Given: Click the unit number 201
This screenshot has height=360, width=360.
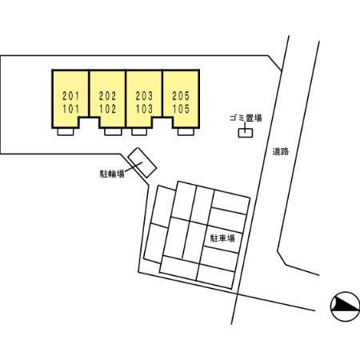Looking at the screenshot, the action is tap(70, 96).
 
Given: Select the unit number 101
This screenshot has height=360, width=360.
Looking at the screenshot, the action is tap(70, 109).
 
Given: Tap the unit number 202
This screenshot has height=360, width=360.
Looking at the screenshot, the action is tap(107, 96).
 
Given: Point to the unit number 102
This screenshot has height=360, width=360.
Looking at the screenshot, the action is tap(107, 109).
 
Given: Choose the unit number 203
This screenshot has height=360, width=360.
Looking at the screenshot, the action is tap(144, 96).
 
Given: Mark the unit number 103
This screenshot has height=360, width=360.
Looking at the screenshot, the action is tap(144, 109).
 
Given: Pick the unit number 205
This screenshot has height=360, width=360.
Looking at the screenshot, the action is tap(181, 96).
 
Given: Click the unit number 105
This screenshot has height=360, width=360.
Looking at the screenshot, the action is tap(181, 109).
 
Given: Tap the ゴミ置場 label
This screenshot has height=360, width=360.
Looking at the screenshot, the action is tap(246, 118).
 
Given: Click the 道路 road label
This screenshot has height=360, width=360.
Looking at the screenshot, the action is tap(281, 151).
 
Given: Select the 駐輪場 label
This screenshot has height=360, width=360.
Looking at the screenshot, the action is tap(112, 174).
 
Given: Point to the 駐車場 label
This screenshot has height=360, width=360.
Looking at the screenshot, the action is tap(222, 238).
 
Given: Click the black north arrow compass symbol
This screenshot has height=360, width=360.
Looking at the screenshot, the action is tap(345, 306).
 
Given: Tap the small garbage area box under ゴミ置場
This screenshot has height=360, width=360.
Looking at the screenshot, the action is tap(246, 133).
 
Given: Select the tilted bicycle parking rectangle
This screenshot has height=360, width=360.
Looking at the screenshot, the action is tap(142, 162).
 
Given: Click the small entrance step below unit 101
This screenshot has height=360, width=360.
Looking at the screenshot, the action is tap(66, 132).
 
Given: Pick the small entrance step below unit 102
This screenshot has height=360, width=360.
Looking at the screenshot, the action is tap(113, 132).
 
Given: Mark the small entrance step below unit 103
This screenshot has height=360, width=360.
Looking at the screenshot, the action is tap(139, 132).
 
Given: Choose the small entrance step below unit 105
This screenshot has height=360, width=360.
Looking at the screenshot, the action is tap(186, 132).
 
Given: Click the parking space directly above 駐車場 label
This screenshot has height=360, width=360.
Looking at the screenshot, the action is tap(226, 220).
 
